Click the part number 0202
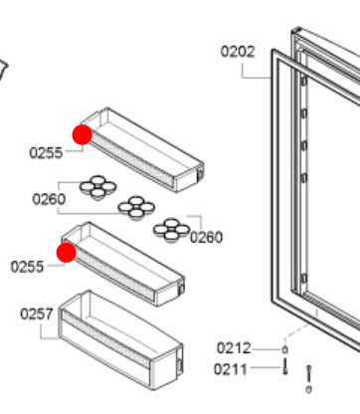click(238, 50)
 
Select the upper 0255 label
click(46, 152)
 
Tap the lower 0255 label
click(28, 266)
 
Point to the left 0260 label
click(49, 199)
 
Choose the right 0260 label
click(207, 236)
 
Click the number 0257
click(37, 314)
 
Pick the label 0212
click(234, 348)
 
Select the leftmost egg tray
click(97, 185)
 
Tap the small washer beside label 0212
click(285, 349)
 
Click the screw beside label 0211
click(285, 369)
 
